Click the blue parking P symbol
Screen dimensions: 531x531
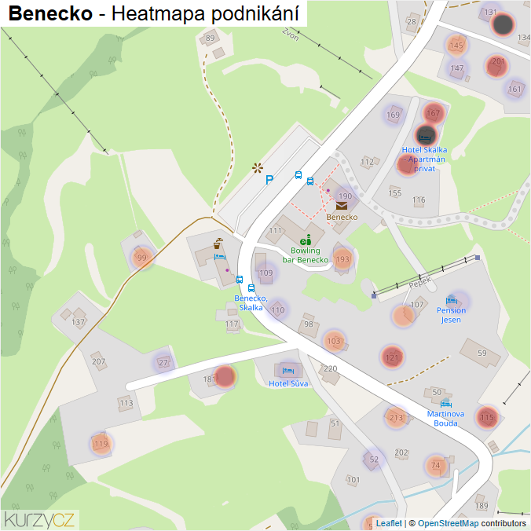[x=269, y=180]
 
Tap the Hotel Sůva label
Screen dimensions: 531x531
[x=288, y=383]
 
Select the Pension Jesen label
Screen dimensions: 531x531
[x=451, y=315]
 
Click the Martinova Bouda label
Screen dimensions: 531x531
[x=445, y=419]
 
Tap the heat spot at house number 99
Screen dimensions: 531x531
[x=141, y=258]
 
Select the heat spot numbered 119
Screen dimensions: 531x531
[x=101, y=444]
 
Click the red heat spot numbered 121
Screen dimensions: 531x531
[x=393, y=357]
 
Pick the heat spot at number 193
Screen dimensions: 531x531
[x=342, y=258]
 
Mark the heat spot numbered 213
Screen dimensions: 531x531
[x=396, y=417]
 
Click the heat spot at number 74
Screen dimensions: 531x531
[x=435, y=465]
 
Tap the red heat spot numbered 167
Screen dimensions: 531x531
[x=433, y=113]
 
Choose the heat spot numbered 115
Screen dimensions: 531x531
[x=487, y=417]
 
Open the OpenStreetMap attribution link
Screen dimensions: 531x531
[x=448, y=523]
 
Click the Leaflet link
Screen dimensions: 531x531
[x=389, y=523]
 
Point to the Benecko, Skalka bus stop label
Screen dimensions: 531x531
[x=251, y=303]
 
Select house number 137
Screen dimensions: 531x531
[x=78, y=322]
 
